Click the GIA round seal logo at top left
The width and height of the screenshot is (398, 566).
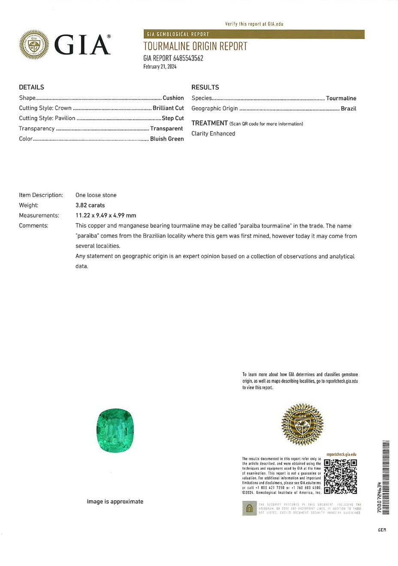click(34, 45)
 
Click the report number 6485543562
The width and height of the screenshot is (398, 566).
click(188, 58)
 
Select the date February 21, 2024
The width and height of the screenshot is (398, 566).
click(160, 66)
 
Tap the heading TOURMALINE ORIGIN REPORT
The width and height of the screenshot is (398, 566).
click(195, 46)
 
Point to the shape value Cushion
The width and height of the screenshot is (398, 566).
click(173, 98)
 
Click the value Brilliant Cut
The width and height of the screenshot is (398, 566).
click(168, 108)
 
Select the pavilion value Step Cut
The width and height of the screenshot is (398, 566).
click(173, 118)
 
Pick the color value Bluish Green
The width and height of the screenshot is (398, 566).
click(167, 139)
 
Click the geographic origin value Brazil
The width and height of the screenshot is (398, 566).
click(348, 108)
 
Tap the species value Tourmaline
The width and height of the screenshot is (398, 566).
click(341, 98)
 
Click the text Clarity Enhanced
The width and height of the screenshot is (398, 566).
click(213, 133)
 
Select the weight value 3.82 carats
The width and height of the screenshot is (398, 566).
click(90, 205)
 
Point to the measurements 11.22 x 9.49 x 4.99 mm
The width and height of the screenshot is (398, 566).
click(106, 216)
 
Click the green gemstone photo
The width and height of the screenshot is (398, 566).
click(115, 431)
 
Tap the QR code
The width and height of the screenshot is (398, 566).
click(340, 476)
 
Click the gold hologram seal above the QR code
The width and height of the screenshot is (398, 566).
click(302, 424)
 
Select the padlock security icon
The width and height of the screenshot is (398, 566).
click(249, 508)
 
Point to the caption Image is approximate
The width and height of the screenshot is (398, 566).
click(115, 502)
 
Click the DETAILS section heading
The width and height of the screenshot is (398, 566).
click(31, 87)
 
